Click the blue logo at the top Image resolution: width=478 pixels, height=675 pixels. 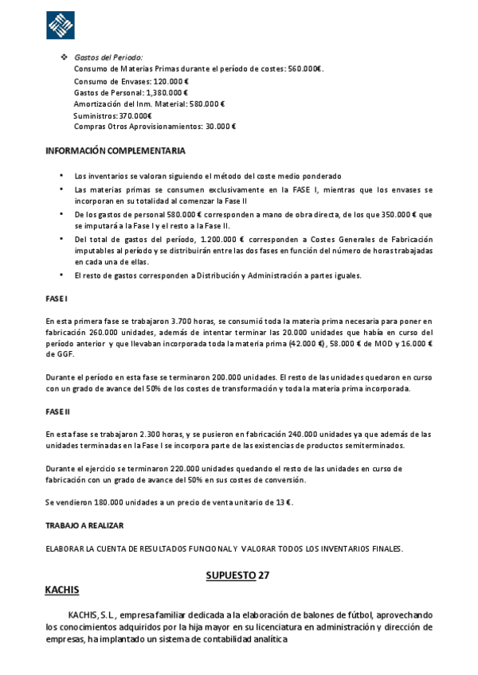click(x=61, y=25)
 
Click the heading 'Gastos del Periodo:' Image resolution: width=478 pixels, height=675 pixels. click(x=108, y=58)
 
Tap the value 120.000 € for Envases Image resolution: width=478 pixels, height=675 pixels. click(x=171, y=81)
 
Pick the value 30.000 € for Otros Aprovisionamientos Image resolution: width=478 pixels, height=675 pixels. click(x=221, y=127)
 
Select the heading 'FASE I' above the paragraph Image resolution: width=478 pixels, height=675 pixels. click(x=57, y=298)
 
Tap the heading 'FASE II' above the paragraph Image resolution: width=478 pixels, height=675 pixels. click(x=58, y=412)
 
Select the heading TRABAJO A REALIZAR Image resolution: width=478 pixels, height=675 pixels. click(x=84, y=526)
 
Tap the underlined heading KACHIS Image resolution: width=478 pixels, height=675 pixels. click(x=62, y=590)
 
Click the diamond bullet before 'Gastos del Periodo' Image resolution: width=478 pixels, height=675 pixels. click(x=65, y=58)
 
